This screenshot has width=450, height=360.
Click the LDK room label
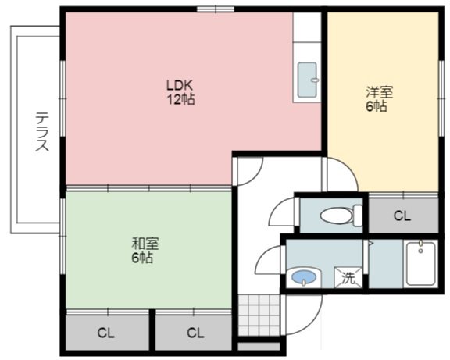point(179,85)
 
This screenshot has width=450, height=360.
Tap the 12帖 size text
point(179,99)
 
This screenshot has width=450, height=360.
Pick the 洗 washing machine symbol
point(348,277)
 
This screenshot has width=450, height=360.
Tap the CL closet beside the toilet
point(402,216)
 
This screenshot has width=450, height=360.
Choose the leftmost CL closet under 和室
point(105,333)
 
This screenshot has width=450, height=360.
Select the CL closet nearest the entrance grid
point(195,333)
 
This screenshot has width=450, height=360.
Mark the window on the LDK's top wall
point(216,9)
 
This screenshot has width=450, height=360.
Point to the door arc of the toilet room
point(283,211)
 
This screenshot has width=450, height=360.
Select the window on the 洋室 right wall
point(440,78)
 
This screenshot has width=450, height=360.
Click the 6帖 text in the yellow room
point(376,107)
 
